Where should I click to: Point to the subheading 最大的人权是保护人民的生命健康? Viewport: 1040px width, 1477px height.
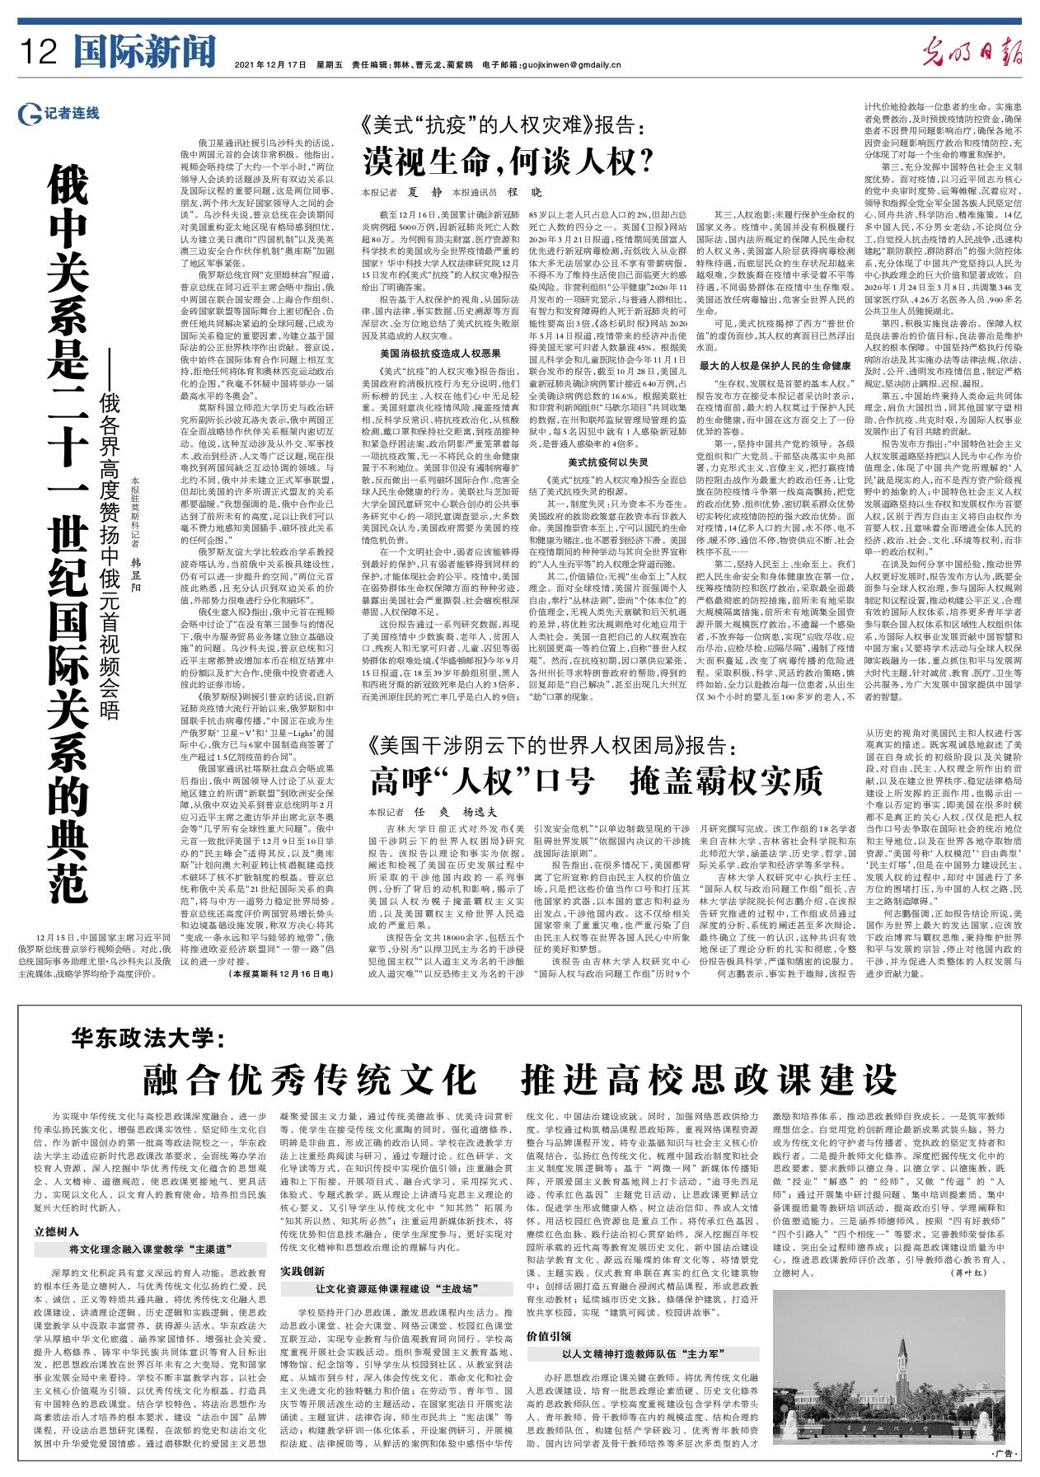(x=775, y=364)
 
